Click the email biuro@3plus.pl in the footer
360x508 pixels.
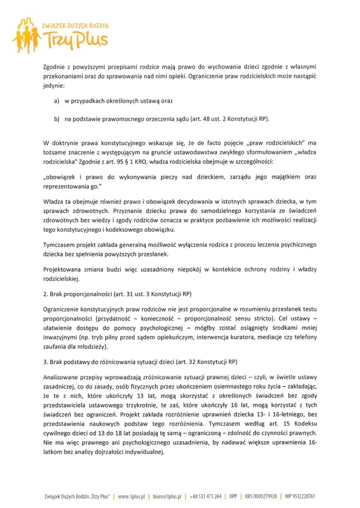(174, 496)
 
